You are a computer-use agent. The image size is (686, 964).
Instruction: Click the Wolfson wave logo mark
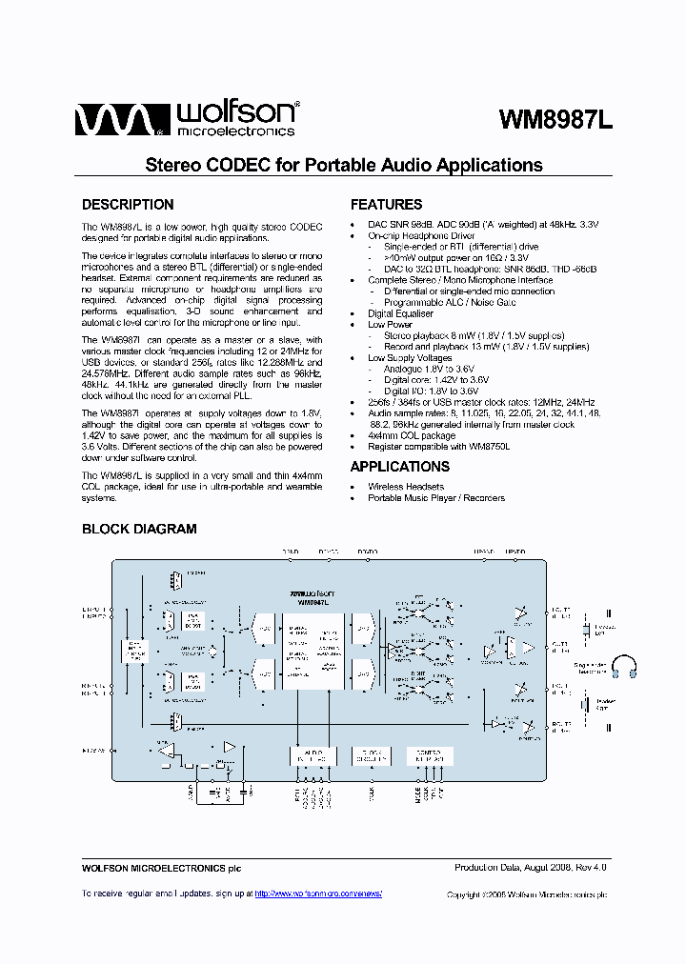[111, 121]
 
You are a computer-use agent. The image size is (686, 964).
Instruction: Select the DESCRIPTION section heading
[128, 205]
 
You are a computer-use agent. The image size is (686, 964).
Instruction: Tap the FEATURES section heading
[386, 205]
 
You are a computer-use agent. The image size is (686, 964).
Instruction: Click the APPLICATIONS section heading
[399, 467]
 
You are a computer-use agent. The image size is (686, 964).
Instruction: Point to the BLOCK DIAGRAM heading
[139, 529]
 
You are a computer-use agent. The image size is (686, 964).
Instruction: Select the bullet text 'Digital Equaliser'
[400, 313]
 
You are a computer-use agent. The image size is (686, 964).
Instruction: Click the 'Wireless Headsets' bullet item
[405, 487]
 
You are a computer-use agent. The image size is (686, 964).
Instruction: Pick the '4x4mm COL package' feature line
[412, 435]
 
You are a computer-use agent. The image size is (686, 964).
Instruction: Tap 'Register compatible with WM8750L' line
[439, 446]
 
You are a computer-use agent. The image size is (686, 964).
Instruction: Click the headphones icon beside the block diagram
[624, 666]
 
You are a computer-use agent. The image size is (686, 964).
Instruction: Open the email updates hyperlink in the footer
[318, 894]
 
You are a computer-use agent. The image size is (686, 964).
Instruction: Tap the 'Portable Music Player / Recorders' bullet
[436, 498]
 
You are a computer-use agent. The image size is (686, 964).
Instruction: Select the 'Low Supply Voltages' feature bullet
[410, 357]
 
